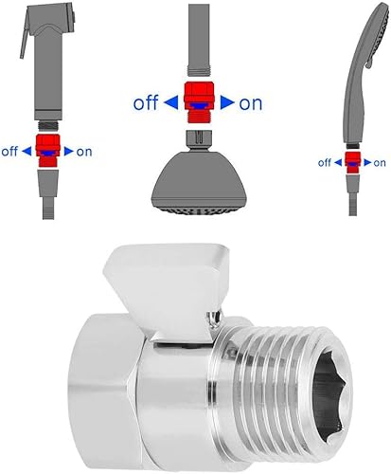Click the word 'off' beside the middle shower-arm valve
146,102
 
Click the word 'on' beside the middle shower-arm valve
251,103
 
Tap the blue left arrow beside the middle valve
171,102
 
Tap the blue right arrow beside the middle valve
227,102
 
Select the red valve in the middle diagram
199,102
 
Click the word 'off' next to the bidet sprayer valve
9,152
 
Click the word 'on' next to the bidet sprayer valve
84,152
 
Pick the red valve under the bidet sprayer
47,151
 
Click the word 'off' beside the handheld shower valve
325,163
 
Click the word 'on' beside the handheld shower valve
380,163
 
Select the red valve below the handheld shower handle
353,162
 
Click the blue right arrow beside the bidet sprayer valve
69,152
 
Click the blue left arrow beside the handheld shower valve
338,162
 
